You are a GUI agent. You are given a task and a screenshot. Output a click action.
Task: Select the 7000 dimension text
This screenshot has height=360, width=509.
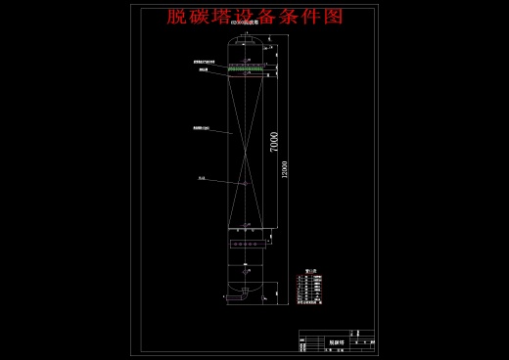[x=274, y=141]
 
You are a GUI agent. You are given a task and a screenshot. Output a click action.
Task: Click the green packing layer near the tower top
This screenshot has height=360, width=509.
[x=246, y=68]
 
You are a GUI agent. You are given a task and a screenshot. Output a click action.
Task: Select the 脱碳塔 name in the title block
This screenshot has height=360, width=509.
[x=338, y=342]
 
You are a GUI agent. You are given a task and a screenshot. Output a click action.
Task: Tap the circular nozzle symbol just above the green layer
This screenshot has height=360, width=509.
[x=247, y=58]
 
